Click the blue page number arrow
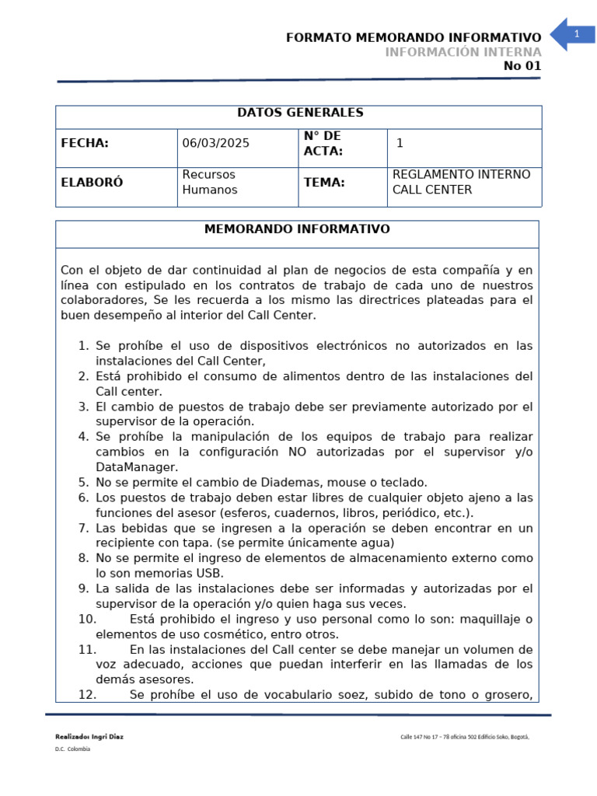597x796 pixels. pos(573,34)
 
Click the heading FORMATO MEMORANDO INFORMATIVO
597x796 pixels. pos(414,38)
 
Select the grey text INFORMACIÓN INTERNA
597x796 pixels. pos(463,52)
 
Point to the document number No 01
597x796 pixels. pos(522,66)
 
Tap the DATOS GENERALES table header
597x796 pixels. pos(300,113)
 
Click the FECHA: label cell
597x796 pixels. pos(85,143)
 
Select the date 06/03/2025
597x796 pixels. pos(216,143)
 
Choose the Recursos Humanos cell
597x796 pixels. pos(210,183)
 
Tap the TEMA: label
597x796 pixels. pos(324,183)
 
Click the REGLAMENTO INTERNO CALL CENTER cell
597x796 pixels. pos(462,183)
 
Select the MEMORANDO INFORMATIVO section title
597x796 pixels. pos(297,230)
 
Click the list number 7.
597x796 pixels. pos(83,528)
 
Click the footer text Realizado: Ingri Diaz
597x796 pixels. pos(89,736)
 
